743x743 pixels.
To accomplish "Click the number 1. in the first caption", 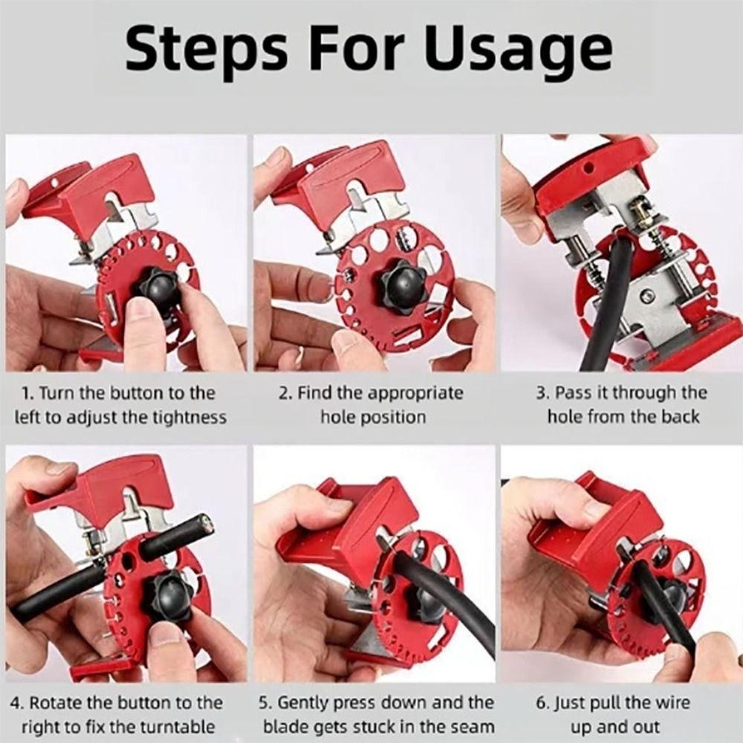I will click(x=27, y=393).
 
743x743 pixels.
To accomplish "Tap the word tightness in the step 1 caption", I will click(x=187, y=417).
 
